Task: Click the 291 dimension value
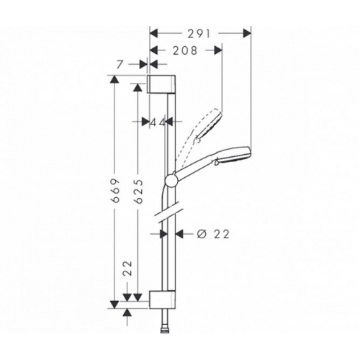[x=197, y=32]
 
